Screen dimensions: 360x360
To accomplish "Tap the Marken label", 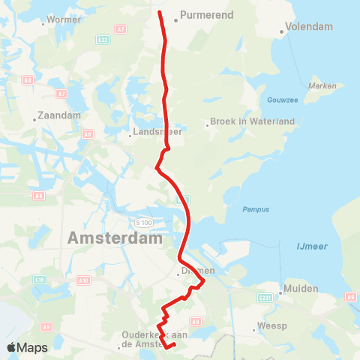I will pos(322,85).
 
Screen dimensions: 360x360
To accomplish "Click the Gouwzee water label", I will pos(281,100).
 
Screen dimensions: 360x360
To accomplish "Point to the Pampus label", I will pos(254,210).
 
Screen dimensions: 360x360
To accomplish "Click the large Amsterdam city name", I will pos(115,238).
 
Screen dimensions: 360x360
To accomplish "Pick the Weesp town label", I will pos(273,326).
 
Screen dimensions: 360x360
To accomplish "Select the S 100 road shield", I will pos(143,223).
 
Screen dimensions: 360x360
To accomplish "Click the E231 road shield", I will pos(265,298).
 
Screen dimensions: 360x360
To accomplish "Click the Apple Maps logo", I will pos(27,347).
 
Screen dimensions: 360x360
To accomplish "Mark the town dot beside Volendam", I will pos(282,31).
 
